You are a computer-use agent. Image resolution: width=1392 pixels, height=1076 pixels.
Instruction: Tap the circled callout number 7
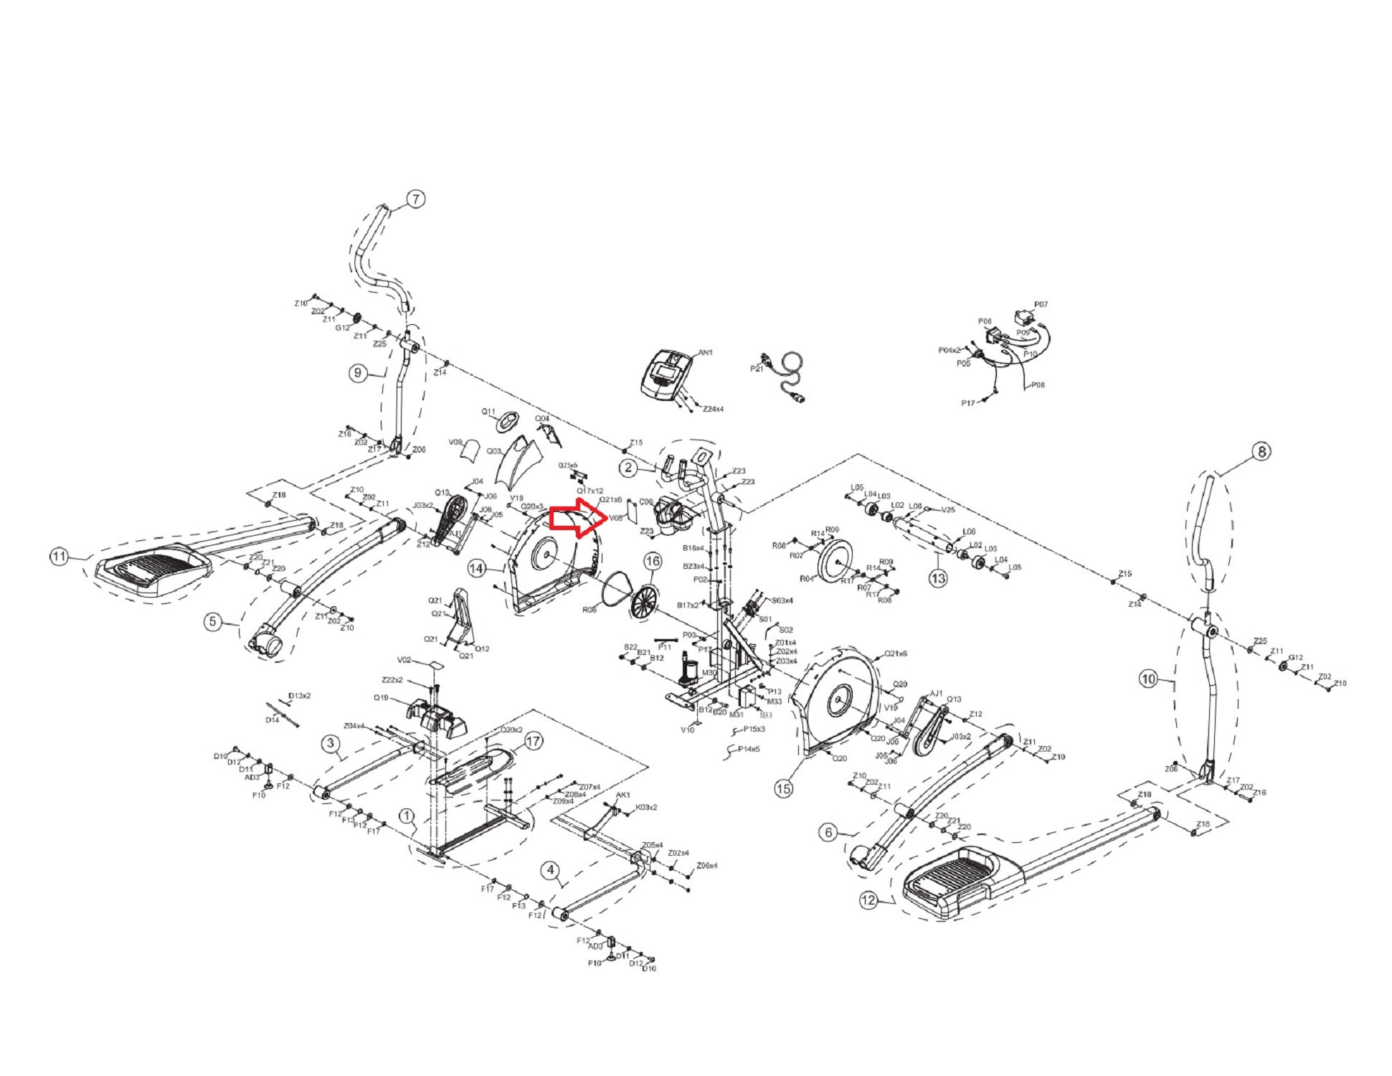(x=415, y=199)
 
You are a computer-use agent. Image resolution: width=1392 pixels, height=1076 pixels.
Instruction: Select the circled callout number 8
(x=1260, y=452)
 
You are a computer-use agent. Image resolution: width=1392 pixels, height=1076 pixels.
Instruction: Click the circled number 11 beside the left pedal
(x=59, y=557)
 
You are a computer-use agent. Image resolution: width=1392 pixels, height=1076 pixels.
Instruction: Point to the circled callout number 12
(x=868, y=900)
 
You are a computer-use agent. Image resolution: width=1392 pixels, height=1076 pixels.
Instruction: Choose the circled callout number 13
(x=937, y=578)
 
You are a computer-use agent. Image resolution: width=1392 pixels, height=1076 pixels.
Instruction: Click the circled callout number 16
(x=652, y=560)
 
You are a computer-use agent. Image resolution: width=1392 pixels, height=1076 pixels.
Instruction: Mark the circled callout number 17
(x=533, y=741)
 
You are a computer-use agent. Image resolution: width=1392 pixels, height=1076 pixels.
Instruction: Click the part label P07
(x=1041, y=305)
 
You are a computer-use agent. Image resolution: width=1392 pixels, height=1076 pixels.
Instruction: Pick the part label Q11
(x=488, y=412)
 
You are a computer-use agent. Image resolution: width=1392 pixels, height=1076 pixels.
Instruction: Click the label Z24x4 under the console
(x=713, y=409)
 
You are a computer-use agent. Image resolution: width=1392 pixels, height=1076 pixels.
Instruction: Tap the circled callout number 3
(x=331, y=743)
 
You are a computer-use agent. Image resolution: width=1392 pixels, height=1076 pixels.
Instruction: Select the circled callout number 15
(x=784, y=789)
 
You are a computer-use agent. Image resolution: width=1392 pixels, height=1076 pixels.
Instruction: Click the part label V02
(x=404, y=660)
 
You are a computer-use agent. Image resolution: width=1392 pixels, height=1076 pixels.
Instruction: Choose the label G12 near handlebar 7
(x=342, y=328)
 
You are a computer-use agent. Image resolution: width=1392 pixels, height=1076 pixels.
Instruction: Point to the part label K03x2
(x=646, y=807)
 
